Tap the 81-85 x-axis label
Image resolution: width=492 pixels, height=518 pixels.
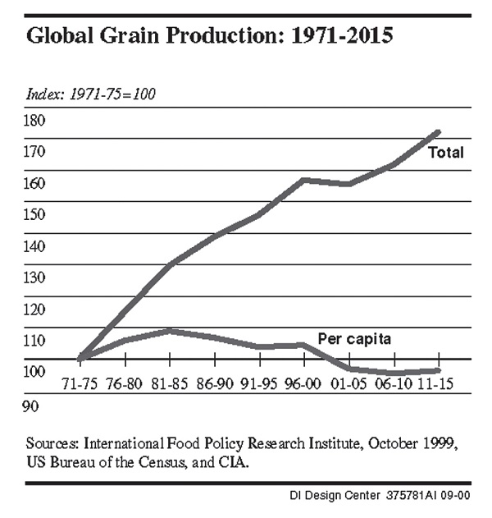click(x=170, y=384)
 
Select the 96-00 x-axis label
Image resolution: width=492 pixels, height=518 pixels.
click(x=303, y=384)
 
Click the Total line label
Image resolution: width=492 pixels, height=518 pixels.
click(x=447, y=153)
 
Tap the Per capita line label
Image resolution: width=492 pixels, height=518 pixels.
click(x=353, y=337)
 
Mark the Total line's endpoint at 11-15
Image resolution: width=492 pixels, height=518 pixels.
click(x=440, y=131)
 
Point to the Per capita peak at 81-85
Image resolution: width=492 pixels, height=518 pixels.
click(x=169, y=331)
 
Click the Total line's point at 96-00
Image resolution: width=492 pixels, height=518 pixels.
click(x=303, y=179)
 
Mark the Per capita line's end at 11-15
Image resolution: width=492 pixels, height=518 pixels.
click(x=439, y=371)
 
